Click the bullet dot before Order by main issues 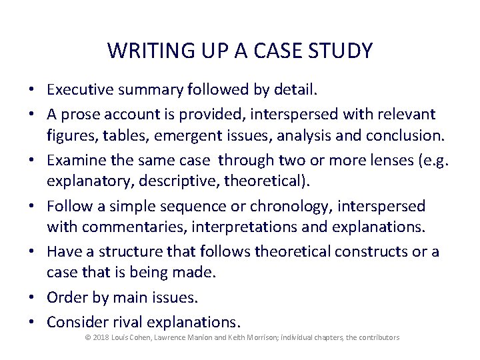32,297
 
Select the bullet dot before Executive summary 32,89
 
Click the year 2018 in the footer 101,338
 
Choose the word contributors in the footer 379,338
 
